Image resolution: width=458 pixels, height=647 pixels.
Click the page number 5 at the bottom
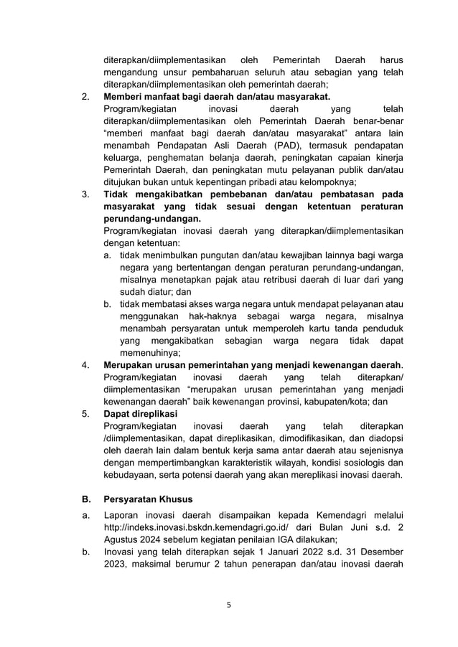click(229, 605)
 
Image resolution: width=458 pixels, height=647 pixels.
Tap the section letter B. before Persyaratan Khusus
click(86, 499)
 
